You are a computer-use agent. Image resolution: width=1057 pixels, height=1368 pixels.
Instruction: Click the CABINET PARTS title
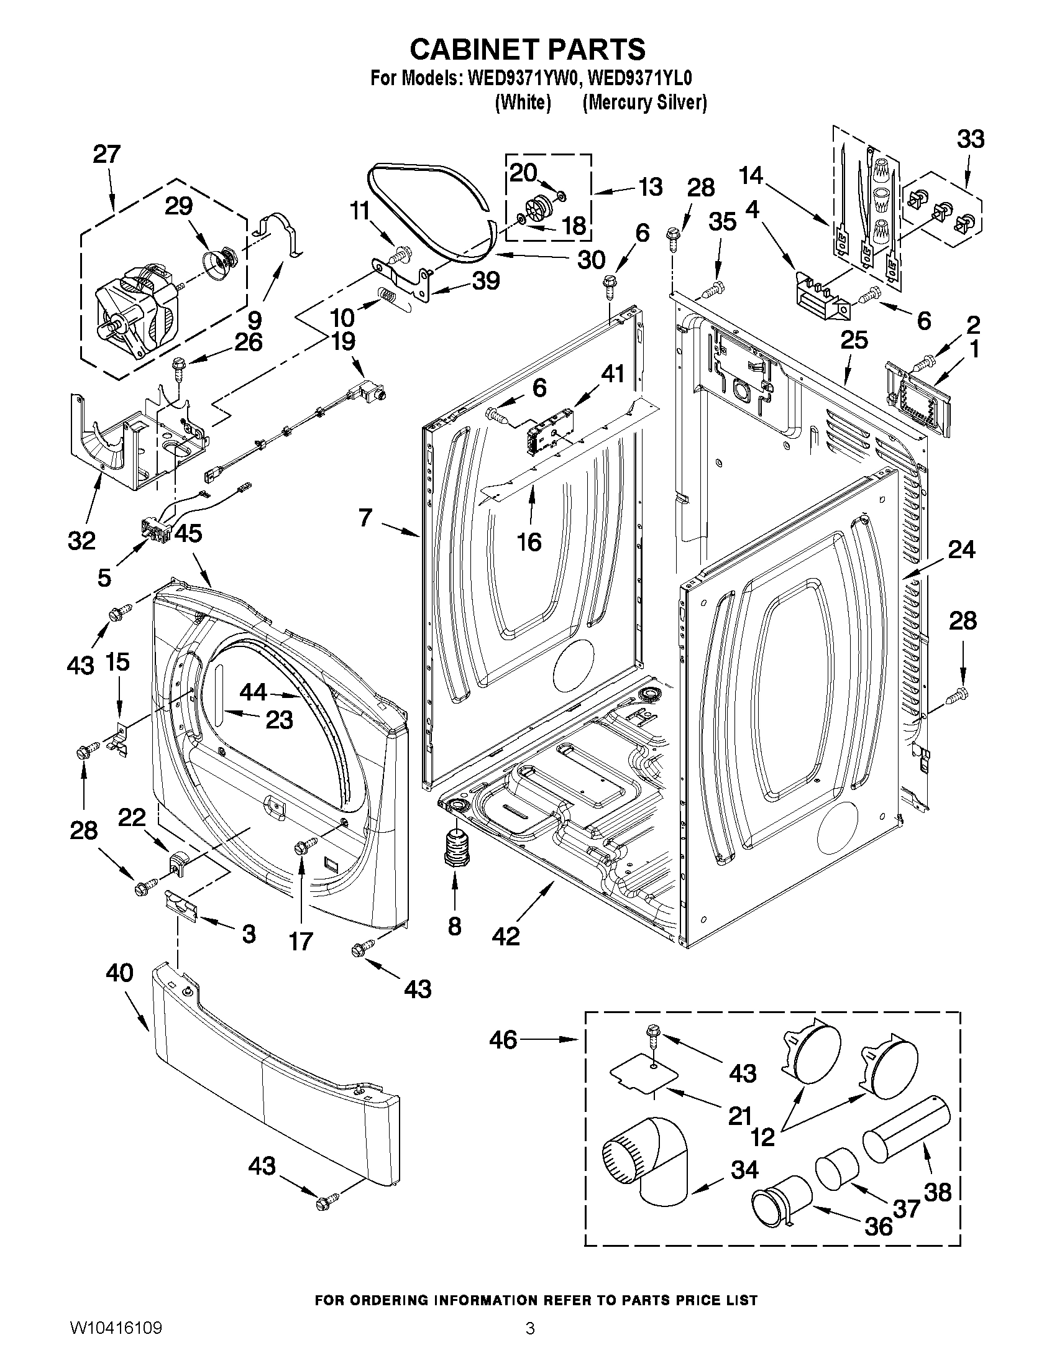coord(527,49)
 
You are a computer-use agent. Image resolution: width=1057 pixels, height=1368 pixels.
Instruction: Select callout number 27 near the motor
coord(106,155)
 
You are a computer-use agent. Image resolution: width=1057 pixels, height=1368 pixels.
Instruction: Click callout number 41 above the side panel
coord(613,375)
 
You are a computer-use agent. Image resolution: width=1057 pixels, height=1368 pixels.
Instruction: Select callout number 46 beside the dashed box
coord(503,1040)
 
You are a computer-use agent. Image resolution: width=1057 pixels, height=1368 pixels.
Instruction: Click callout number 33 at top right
coord(970,139)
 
